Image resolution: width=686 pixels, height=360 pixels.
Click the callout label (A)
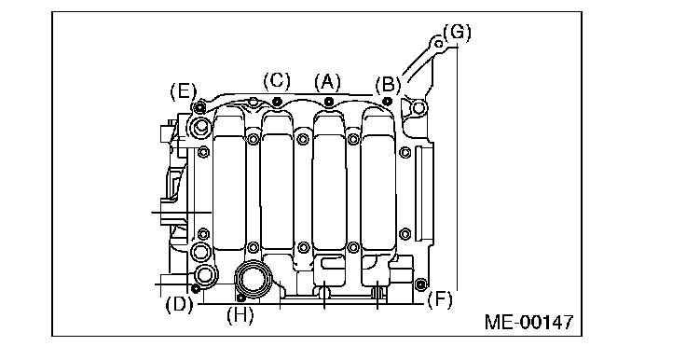pos(327,82)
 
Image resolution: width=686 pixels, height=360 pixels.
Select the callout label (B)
pos(388,85)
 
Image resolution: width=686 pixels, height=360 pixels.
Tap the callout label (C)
pos(277,81)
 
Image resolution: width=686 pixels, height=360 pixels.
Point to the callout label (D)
pos(179,304)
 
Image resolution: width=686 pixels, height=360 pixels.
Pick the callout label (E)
pos(184,91)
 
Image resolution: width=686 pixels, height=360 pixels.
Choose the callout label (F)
pos(439,299)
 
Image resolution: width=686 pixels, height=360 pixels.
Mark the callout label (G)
pos(458,33)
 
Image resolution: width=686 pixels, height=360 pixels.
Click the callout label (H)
pos(240,315)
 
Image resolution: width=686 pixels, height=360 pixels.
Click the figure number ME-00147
pos(528,323)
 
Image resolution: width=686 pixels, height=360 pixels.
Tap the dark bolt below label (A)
pos(329,102)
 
